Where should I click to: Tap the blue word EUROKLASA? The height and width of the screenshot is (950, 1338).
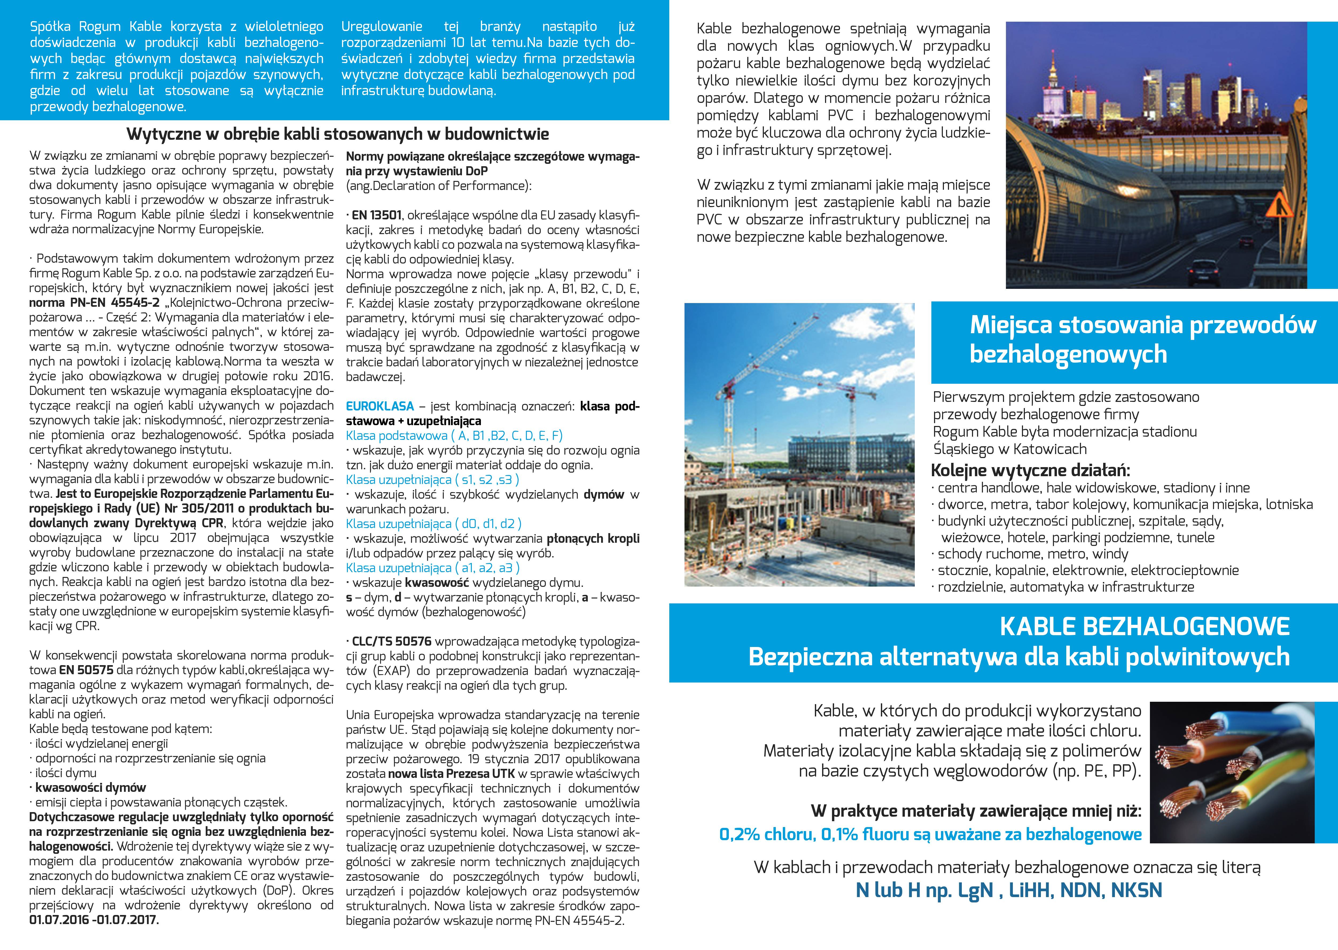pos(380,406)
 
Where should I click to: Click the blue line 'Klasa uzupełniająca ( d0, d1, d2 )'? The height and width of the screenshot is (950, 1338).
pos(433,524)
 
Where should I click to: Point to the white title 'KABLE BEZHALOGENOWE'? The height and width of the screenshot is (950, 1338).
pos(1144,626)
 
